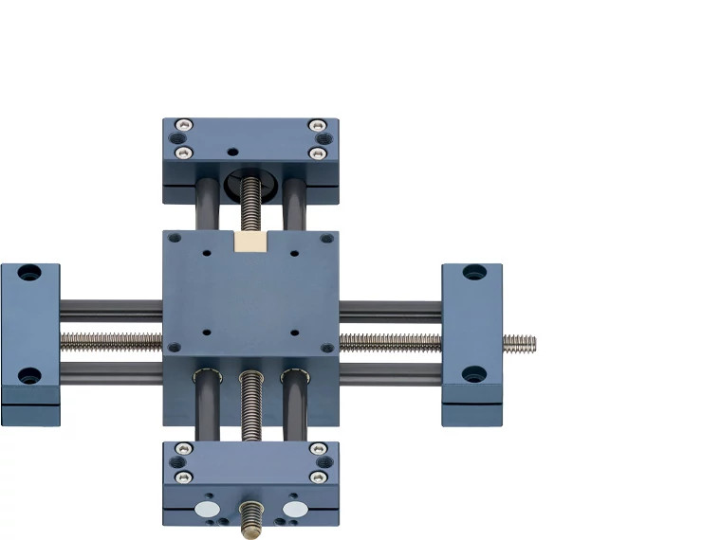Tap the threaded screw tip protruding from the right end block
point(519,343)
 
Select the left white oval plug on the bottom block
point(206,509)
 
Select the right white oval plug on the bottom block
point(295,509)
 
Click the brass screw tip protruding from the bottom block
point(251,519)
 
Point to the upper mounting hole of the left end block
point(29,274)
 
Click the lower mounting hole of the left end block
point(29,375)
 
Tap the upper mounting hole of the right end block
point(474,273)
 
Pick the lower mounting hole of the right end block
point(474,374)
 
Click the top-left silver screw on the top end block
point(184,125)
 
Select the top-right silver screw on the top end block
point(318,125)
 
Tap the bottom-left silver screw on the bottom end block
point(184,477)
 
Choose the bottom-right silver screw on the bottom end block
point(319,477)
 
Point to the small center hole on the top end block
point(231,151)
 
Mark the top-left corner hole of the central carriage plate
point(174,239)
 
